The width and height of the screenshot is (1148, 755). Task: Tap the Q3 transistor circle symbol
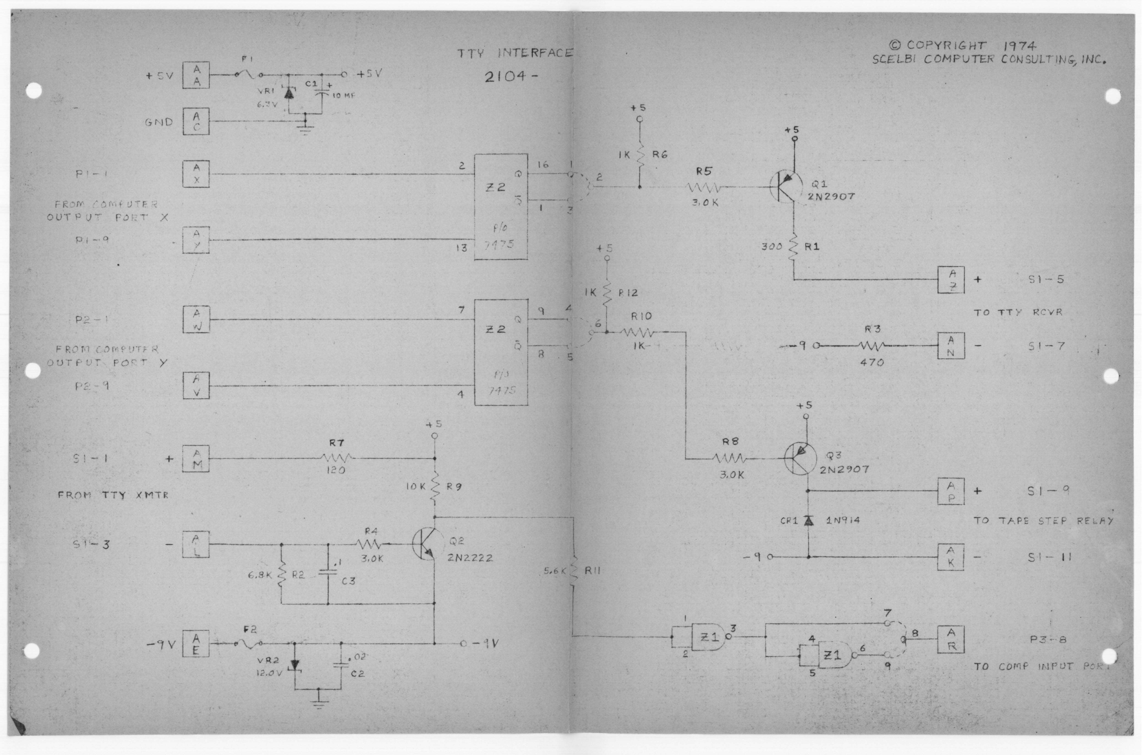coord(800,459)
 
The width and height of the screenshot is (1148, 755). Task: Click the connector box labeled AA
coord(196,75)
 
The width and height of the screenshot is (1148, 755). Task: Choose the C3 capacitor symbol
coord(328,573)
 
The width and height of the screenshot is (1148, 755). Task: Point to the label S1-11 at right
coord(1049,558)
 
